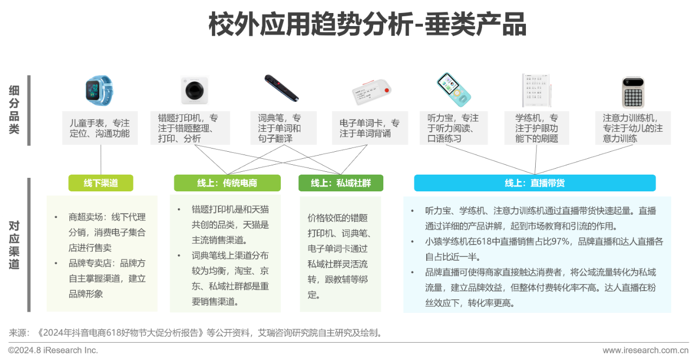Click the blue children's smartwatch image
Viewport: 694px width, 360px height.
(99, 91)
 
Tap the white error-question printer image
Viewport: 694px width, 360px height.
(194, 91)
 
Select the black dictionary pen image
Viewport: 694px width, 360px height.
(281, 88)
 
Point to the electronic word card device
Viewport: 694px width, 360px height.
(372, 92)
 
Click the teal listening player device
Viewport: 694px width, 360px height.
(454, 90)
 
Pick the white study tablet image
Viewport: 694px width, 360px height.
(537, 91)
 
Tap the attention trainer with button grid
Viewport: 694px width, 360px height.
(633, 93)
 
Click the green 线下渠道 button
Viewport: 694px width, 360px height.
(101, 183)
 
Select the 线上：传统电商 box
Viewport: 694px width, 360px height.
(227, 183)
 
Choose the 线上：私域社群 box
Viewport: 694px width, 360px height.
(341, 183)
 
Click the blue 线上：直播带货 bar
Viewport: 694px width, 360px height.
(535, 183)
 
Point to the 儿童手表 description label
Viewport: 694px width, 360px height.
(100, 128)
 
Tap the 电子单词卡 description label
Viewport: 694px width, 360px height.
(370, 128)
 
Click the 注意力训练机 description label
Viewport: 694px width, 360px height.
(633, 128)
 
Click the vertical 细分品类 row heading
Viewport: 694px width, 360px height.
(14, 110)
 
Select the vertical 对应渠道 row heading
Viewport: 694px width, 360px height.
(14, 245)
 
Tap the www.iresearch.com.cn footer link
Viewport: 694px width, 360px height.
(645, 350)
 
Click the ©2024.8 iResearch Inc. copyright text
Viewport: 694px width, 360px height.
(53, 350)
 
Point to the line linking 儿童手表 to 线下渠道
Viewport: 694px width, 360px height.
(101, 159)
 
